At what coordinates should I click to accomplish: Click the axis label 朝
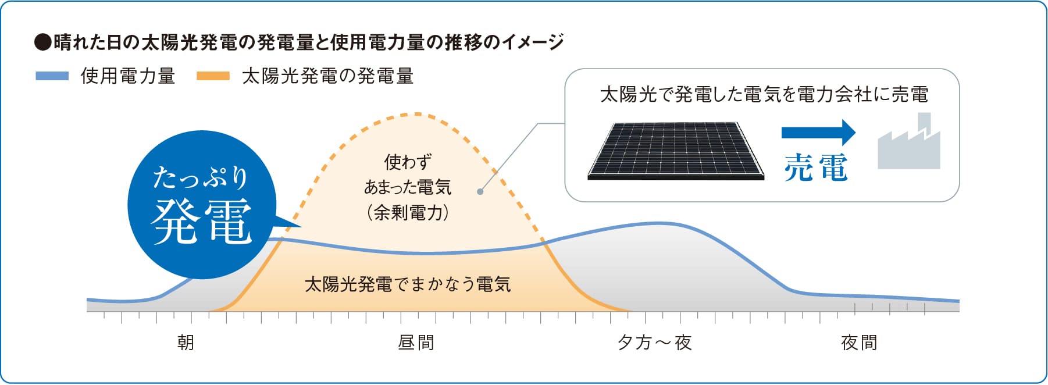(186, 343)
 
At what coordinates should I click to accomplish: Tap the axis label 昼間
(416, 343)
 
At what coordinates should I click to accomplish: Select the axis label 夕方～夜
(655, 343)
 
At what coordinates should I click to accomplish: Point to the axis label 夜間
(859, 343)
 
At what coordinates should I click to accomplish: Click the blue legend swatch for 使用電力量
(52, 76)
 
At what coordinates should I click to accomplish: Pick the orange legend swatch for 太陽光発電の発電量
(213, 76)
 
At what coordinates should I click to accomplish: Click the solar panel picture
(676, 151)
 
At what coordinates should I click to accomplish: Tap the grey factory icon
(908, 141)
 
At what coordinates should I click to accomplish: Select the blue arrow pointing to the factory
(818, 132)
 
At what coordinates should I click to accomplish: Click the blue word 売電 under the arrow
(816, 167)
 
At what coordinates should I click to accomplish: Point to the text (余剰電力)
(408, 212)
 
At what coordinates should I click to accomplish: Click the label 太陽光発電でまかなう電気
(408, 284)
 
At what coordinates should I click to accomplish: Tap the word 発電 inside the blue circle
(202, 221)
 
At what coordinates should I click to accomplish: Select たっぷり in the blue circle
(201, 177)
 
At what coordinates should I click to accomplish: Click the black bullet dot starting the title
(43, 42)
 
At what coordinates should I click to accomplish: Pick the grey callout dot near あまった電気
(480, 191)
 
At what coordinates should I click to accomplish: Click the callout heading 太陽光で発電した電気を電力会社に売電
(764, 94)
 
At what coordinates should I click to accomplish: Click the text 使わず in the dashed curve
(408, 162)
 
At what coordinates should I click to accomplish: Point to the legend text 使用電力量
(128, 76)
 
